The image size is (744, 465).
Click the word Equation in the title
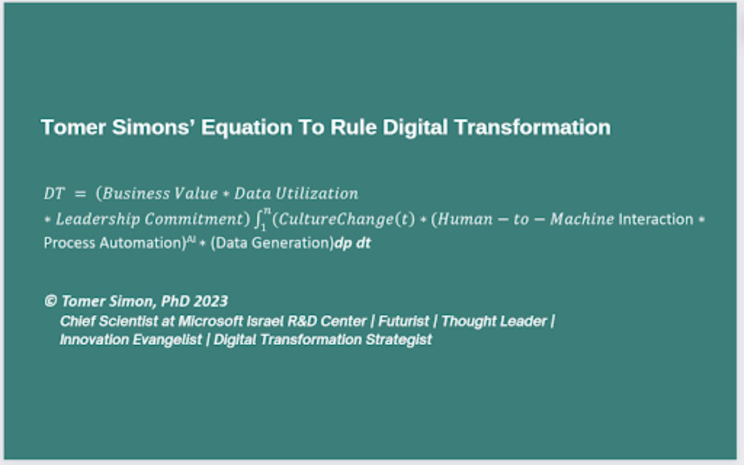coord(246,128)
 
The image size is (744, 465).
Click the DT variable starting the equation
coord(54,193)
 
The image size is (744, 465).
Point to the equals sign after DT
coord(81,194)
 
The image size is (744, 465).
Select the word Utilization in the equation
coord(317,193)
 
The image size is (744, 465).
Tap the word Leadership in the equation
coord(98,220)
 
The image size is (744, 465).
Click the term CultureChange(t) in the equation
coord(344,220)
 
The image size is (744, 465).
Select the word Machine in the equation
coord(582,219)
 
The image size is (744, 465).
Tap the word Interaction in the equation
coord(656,220)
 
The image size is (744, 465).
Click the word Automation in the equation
coord(143,243)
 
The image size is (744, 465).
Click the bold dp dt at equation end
coord(352,243)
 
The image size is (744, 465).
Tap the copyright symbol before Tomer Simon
coord(51,301)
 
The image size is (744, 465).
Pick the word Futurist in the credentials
coord(404,321)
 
